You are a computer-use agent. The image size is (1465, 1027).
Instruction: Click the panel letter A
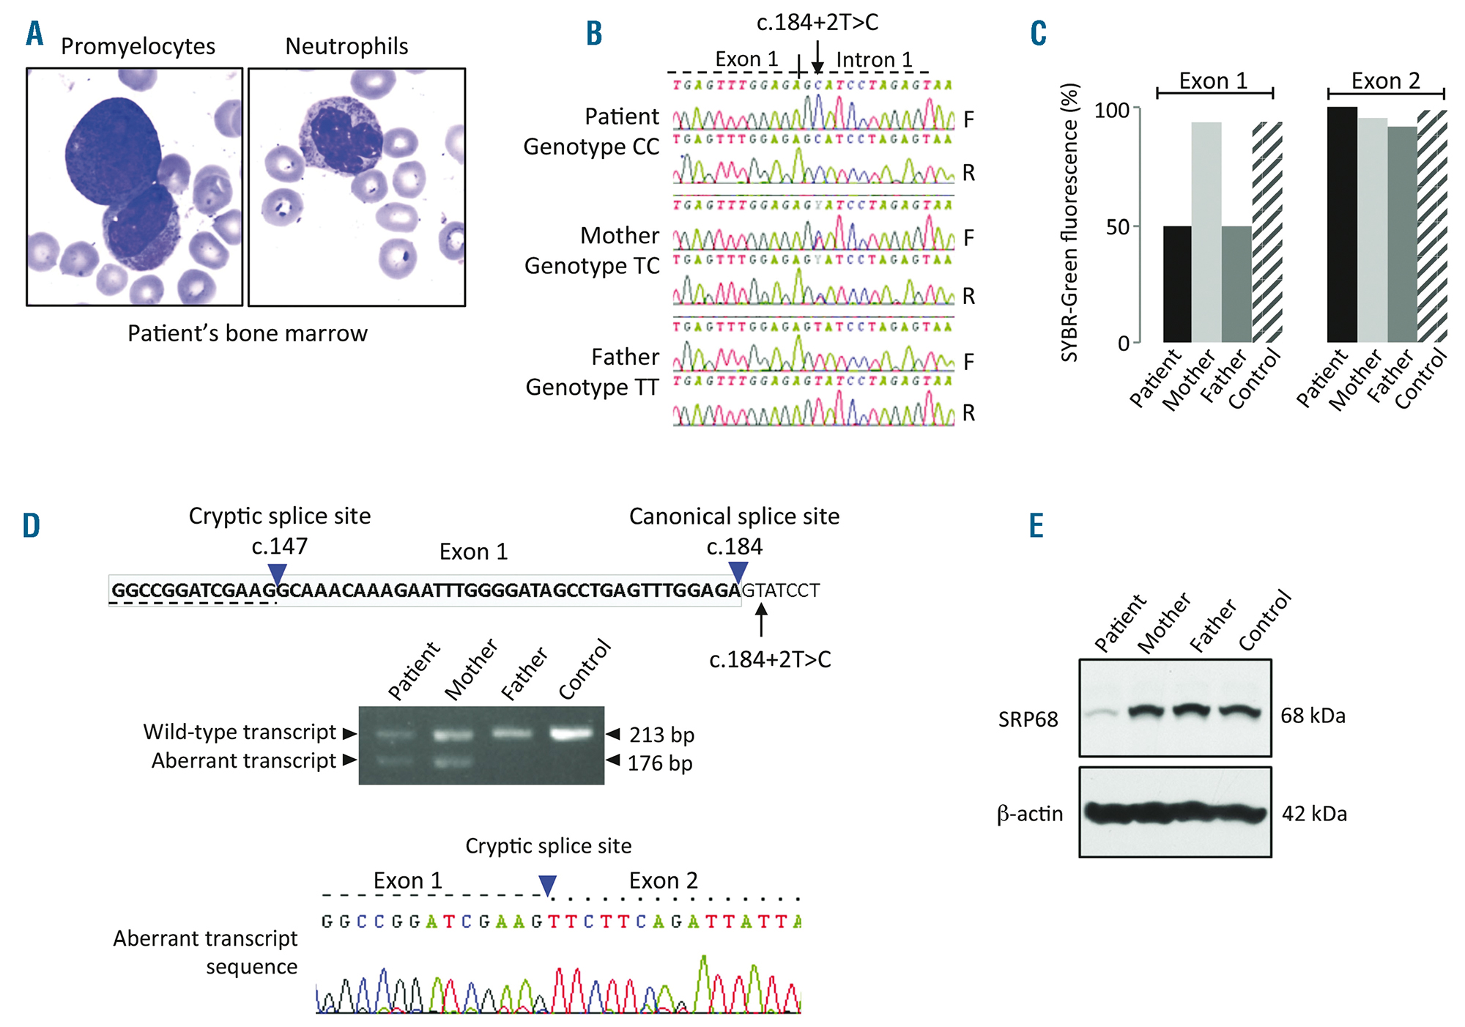click(x=34, y=34)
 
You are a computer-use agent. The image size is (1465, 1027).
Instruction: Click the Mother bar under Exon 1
click(x=1206, y=232)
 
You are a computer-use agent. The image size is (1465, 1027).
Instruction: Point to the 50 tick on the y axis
click(x=1118, y=227)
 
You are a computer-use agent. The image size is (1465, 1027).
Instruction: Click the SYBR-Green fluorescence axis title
click(x=1070, y=223)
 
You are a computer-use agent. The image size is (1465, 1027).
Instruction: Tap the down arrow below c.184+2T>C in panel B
click(x=817, y=58)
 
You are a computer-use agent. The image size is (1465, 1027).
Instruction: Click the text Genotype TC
click(x=592, y=266)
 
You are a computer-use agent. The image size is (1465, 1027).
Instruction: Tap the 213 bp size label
click(x=661, y=735)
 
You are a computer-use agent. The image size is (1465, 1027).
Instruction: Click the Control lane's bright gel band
click(x=571, y=733)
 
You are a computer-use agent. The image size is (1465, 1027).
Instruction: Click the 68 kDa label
click(x=1313, y=716)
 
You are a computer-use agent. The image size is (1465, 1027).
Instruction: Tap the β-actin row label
click(x=1029, y=814)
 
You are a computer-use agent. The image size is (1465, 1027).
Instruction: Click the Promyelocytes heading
click(x=138, y=46)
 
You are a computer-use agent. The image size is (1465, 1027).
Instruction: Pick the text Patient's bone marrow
click(x=248, y=333)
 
